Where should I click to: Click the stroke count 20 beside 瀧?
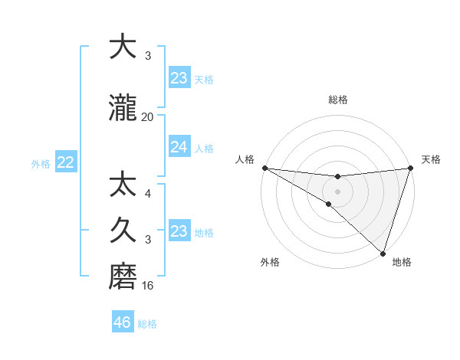tap(147, 117)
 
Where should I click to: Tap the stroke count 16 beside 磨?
tap(147, 286)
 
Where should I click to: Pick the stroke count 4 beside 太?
tap(147, 195)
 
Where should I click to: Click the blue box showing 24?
tap(179, 147)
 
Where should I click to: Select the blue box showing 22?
tap(65, 162)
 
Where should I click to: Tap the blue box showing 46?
tap(123, 322)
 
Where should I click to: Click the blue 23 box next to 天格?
tap(179, 78)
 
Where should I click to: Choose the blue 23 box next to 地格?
tap(179, 231)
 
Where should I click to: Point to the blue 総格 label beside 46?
tap(147, 323)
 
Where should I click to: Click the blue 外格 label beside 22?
tap(41, 163)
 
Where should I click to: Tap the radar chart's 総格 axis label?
tap(337, 100)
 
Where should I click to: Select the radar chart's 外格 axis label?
tap(270, 262)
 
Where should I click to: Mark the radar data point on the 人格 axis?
tap(264, 168)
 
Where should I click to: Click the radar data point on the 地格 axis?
tap(382, 252)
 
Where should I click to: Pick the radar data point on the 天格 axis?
tap(410, 169)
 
